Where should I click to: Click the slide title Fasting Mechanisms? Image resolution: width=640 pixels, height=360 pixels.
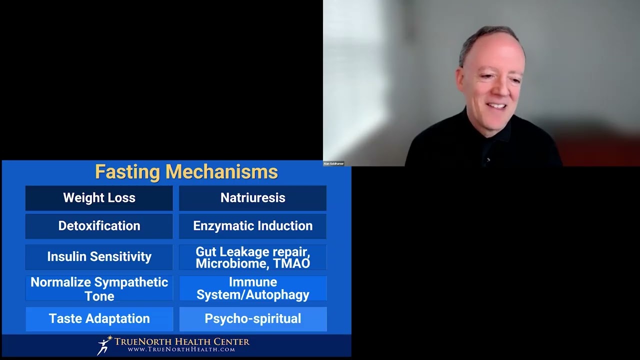(x=186, y=172)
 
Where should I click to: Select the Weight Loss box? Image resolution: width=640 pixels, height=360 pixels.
(x=99, y=198)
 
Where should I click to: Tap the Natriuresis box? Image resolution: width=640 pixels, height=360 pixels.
(x=252, y=198)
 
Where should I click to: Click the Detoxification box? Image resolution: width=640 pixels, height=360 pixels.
(x=99, y=226)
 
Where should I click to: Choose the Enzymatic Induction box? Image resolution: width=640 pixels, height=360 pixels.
(x=252, y=226)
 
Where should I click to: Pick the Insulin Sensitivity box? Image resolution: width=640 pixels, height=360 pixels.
(x=99, y=256)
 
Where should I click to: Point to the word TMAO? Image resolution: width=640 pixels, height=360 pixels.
(x=294, y=263)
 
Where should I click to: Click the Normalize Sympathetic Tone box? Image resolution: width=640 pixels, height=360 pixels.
(x=99, y=288)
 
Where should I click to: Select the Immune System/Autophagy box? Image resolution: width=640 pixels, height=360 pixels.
(x=252, y=288)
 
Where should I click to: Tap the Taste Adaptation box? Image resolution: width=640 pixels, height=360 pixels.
(x=99, y=319)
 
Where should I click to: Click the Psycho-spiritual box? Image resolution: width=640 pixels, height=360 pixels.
(x=252, y=319)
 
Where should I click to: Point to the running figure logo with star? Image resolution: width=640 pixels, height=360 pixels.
(x=104, y=345)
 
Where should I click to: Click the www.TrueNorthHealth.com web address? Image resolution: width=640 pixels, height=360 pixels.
(x=181, y=349)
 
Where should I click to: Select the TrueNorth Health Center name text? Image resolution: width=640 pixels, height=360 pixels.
(x=182, y=341)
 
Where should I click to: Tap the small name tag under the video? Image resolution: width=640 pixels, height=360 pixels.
(x=333, y=163)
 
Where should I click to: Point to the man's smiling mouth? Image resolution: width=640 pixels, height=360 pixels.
(x=496, y=106)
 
